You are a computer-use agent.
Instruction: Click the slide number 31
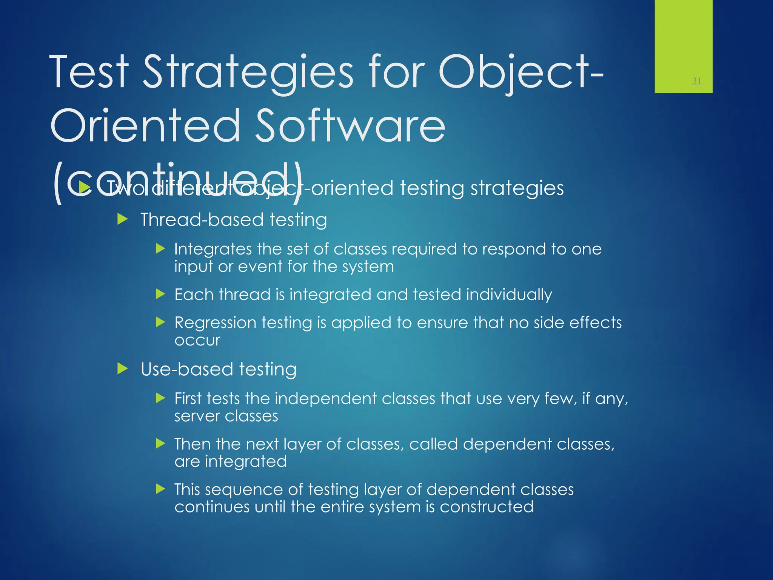[697, 81]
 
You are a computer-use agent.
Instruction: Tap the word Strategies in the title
[248, 72]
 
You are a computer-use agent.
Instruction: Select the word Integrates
[213, 249]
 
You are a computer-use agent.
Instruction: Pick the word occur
[197, 340]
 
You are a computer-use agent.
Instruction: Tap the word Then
[192, 444]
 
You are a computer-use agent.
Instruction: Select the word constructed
[487, 507]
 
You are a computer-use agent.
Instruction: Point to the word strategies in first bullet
[517, 188]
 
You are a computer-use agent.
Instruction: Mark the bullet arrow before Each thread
[160, 294]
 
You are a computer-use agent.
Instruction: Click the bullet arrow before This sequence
[160, 489]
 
